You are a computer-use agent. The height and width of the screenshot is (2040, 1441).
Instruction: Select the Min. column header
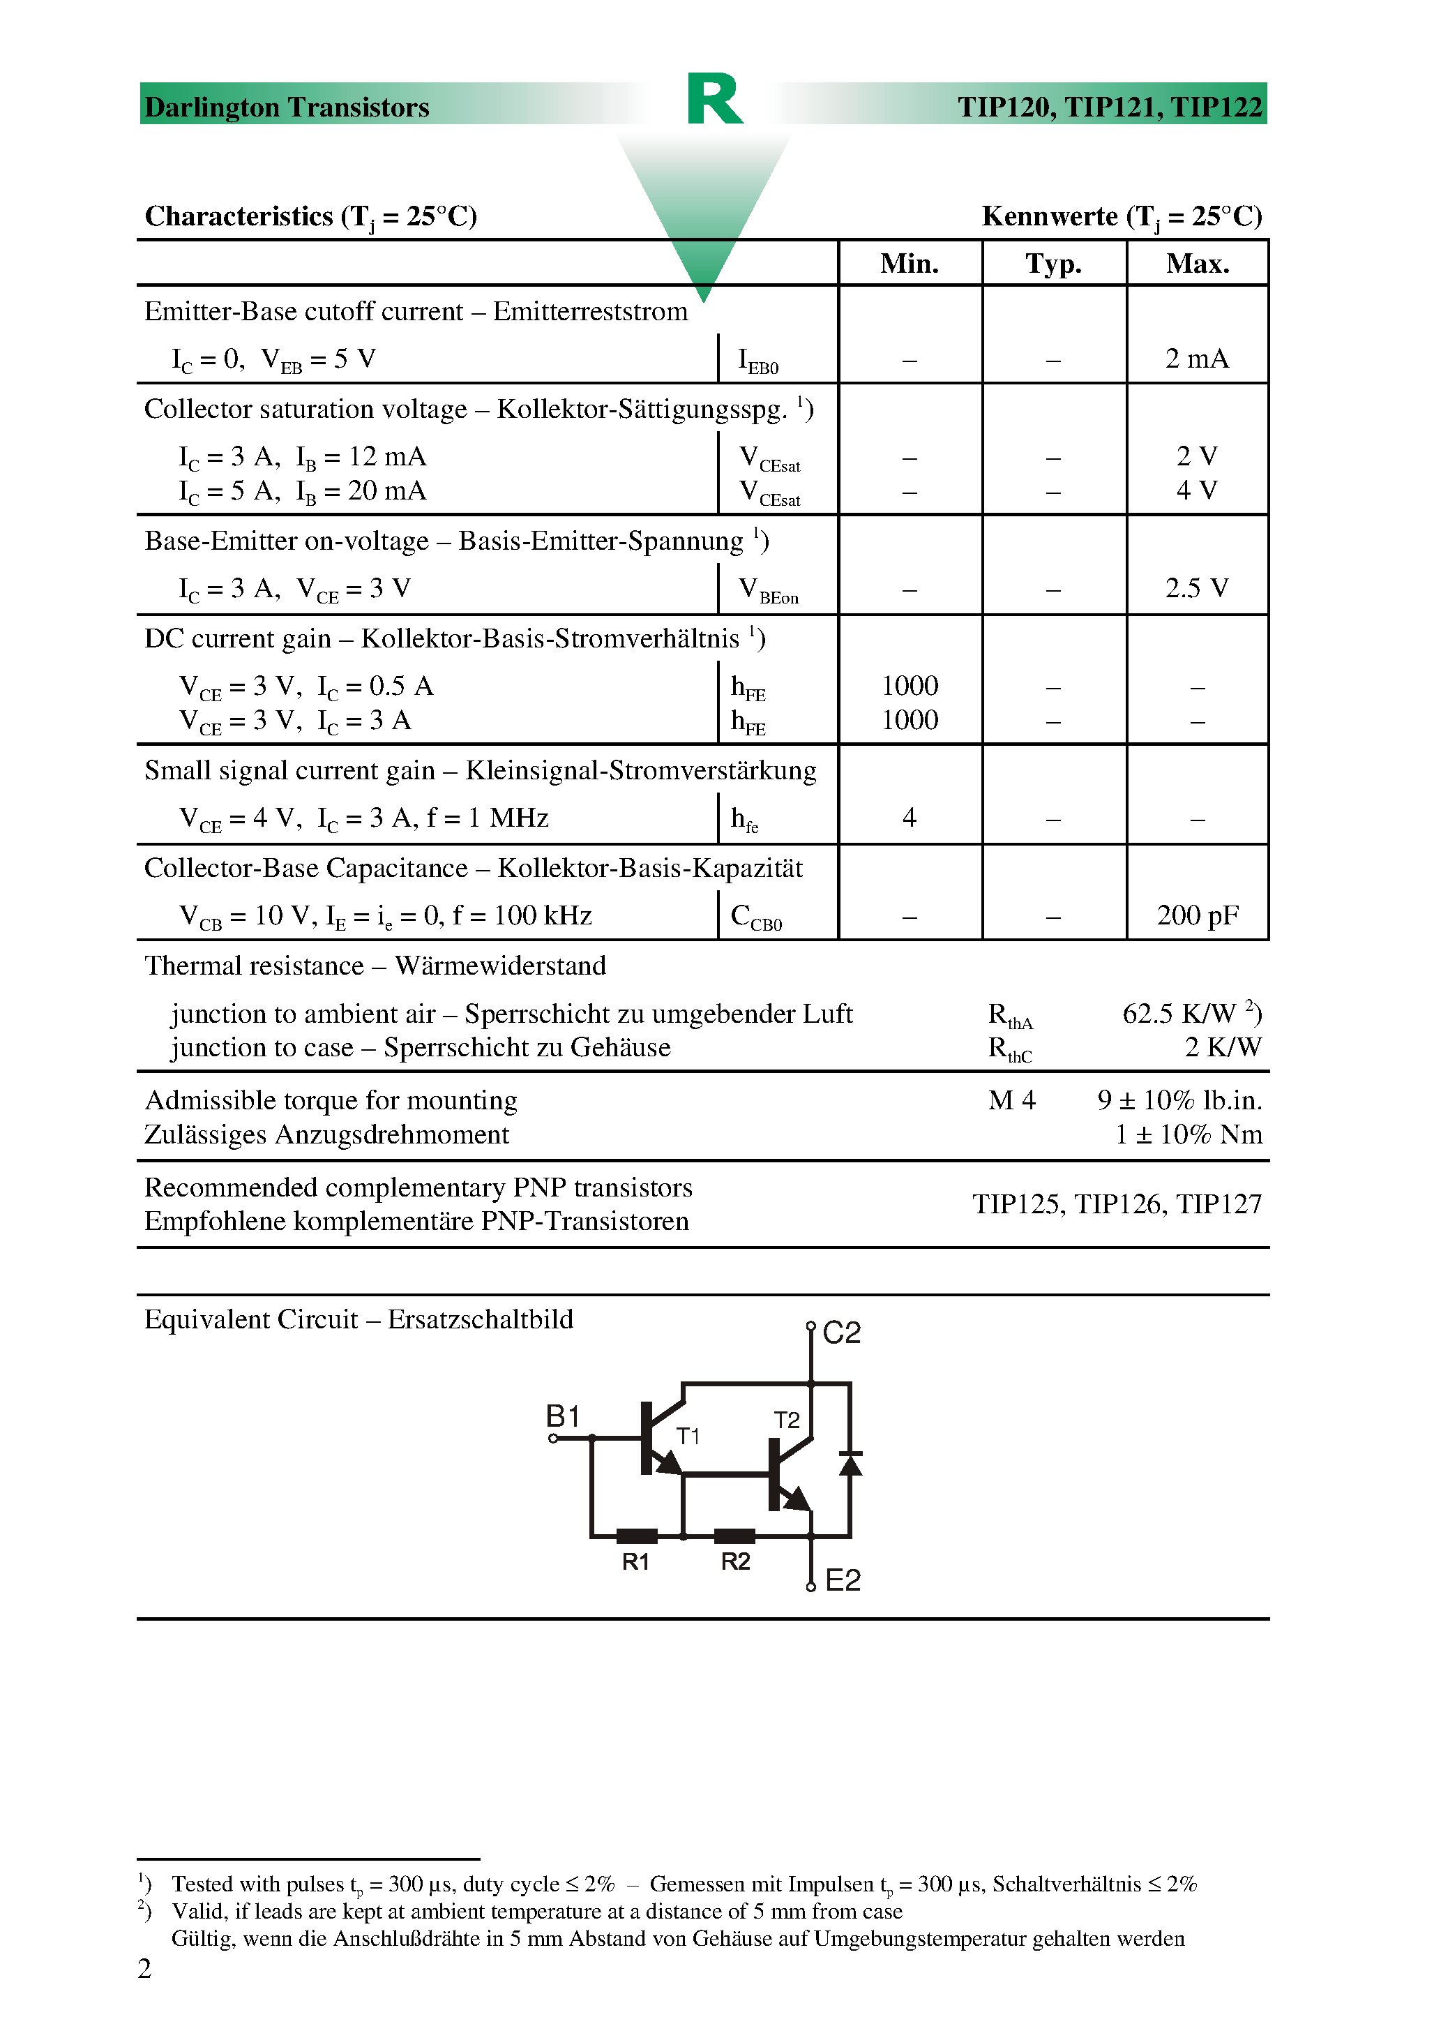909,263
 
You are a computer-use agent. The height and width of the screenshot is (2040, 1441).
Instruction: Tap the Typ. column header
1054,263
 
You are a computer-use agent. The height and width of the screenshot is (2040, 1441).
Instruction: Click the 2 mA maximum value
1197,359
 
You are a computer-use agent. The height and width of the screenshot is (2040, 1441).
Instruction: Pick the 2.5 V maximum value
1197,588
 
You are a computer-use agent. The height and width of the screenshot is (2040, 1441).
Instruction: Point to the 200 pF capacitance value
1197,915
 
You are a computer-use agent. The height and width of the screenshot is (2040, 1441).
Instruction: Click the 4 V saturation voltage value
1197,490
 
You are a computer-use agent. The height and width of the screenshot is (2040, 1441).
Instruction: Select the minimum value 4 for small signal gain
909,818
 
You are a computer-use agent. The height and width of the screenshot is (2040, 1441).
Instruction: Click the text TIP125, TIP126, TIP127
1117,1204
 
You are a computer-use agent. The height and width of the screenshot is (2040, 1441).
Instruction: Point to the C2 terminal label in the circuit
841,1333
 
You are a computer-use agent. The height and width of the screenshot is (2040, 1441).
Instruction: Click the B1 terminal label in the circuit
562,1416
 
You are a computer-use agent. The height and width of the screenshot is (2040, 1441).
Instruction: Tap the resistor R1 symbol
636,1536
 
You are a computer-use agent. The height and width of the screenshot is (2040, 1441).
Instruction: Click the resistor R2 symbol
734,1536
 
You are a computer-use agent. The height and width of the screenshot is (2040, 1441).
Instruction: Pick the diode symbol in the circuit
850,1462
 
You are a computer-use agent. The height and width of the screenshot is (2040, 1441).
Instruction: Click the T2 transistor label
786,1420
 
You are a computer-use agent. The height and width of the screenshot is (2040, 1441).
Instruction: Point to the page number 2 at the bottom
145,1969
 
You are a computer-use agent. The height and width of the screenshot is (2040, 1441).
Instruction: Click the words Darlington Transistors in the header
286,107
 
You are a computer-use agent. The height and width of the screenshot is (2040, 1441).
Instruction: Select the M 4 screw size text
1011,1101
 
